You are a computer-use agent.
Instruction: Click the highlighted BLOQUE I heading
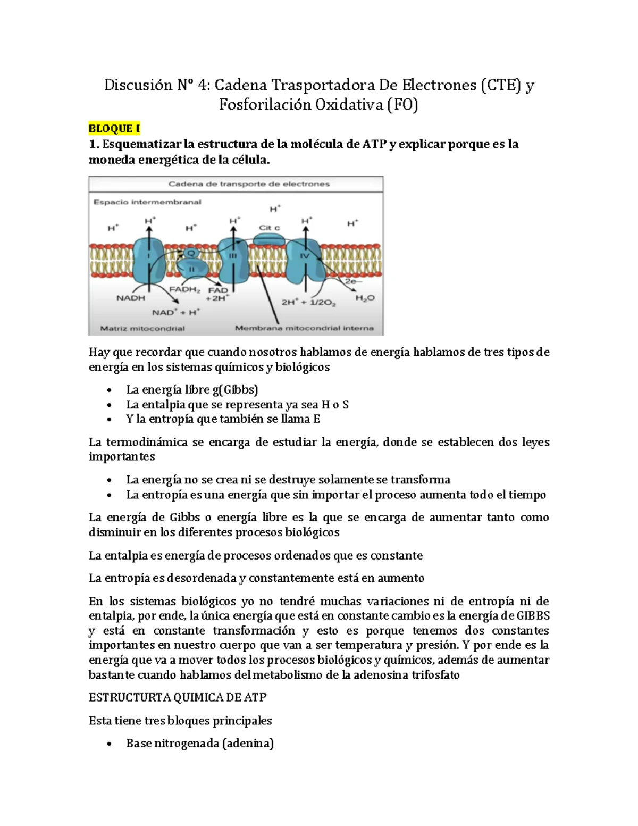coord(114,129)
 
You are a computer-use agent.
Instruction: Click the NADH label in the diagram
coord(131,298)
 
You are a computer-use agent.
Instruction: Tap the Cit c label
coord(269,228)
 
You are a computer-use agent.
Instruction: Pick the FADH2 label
coord(184,289)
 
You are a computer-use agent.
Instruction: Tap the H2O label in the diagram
coord(365,298)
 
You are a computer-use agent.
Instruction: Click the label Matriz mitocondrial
coord(142,328)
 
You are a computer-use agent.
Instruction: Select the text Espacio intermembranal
coord(147,202)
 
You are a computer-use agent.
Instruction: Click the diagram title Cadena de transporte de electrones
coord(249,184)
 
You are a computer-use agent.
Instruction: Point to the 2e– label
coord(353,281)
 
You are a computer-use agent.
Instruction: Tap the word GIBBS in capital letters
coord(533,616)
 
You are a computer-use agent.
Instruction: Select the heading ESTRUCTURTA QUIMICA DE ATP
coord(178,697)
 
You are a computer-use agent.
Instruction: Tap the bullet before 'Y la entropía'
coord(109,420)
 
